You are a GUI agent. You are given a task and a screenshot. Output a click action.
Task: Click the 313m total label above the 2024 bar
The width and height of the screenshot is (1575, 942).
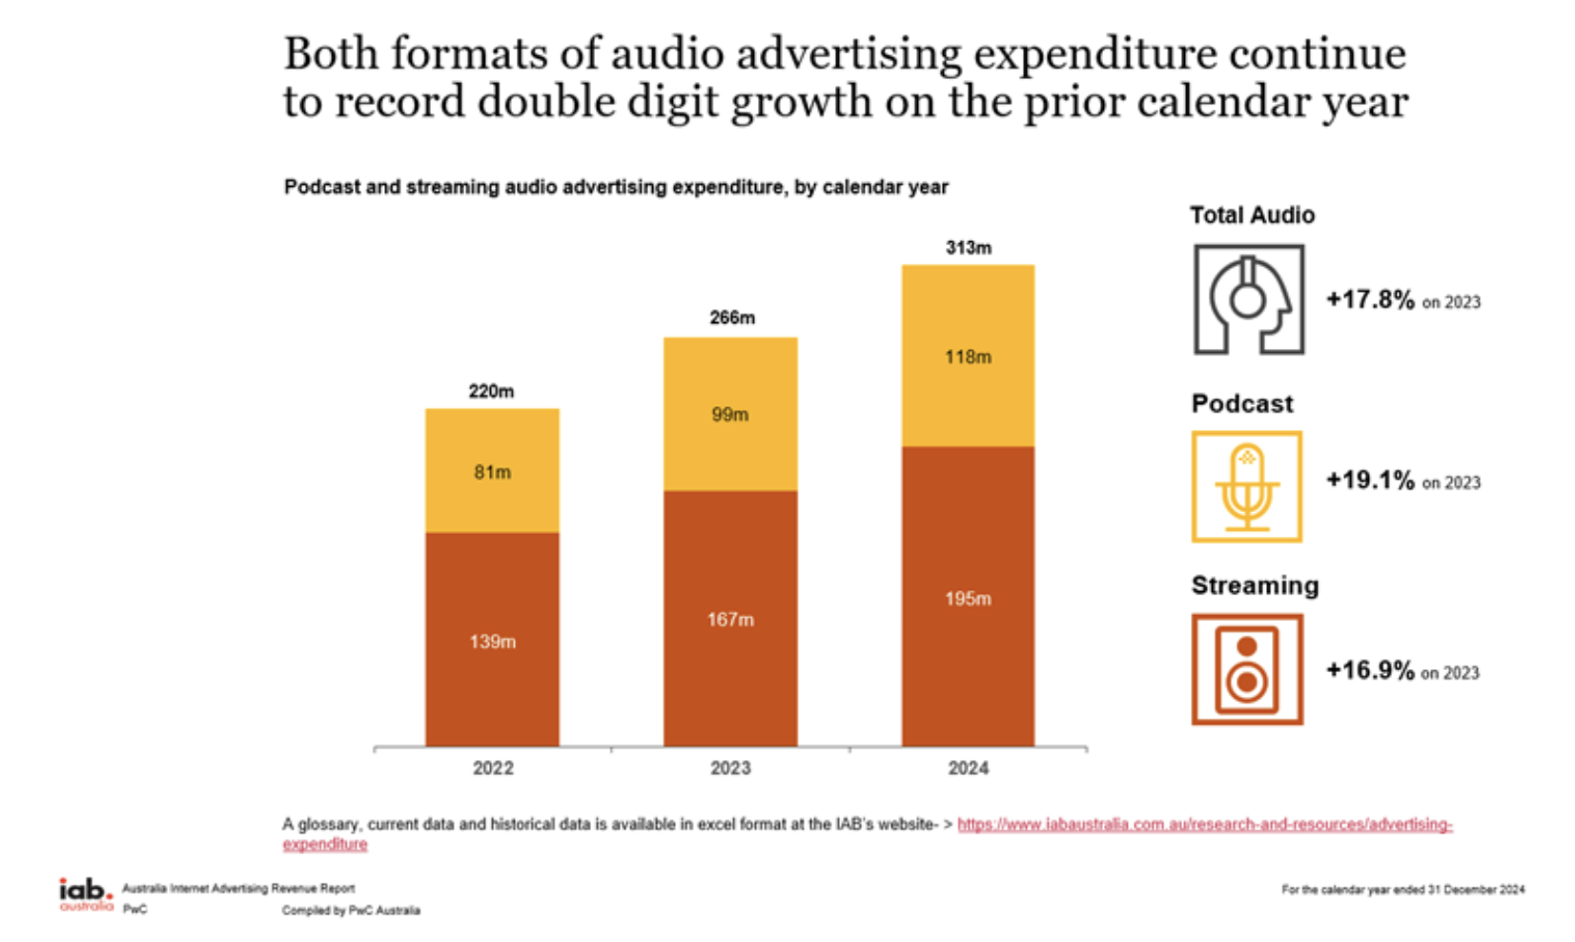(968, 248)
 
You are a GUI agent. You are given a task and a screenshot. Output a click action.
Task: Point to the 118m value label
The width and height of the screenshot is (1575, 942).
(968, 358)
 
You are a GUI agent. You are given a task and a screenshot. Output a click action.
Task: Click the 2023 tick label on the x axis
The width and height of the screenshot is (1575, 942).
(730, 768)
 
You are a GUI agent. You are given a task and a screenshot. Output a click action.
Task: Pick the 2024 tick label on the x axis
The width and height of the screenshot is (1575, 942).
(968, 768)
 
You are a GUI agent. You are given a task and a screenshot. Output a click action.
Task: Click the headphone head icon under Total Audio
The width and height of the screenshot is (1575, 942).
(1248, 299)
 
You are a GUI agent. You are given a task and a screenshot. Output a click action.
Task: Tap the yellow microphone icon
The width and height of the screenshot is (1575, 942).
(1246, 487)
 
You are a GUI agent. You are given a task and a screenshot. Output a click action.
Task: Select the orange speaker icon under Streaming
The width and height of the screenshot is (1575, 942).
(1247, 669)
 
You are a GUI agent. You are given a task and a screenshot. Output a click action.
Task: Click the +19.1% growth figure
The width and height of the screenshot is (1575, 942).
(1370, 480)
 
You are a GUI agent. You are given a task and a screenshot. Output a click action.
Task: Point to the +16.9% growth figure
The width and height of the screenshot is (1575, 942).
(1370, 670)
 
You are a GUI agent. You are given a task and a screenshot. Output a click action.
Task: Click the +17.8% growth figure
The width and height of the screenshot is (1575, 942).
(1370, 299)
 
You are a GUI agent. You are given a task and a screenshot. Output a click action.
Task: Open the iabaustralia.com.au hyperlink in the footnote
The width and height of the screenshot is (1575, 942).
(1204, 825)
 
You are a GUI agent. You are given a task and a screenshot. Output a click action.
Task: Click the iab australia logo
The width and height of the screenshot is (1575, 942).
(86, 894)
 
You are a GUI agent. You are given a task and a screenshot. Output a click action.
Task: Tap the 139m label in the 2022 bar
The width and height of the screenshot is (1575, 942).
(492, 642)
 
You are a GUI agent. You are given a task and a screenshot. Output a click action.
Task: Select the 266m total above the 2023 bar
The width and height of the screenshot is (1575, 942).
(731, 317)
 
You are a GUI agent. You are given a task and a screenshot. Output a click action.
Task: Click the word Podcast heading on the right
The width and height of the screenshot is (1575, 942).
(1241, 403)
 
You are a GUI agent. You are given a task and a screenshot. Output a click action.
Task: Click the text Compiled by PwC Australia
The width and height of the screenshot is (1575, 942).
(351, 911)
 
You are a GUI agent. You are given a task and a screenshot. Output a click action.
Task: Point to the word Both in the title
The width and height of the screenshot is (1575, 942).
(331, 53)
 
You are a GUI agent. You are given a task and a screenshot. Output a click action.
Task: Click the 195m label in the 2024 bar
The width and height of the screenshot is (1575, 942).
(968, 599)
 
